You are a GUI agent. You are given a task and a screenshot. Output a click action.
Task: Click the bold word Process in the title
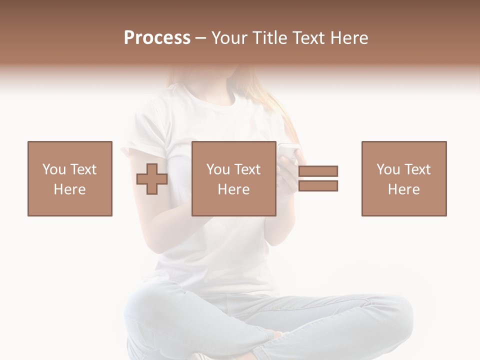pyautogui.click(x=157, y=38)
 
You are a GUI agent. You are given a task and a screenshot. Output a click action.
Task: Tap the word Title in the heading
pyautogui.click(x=270, y=38)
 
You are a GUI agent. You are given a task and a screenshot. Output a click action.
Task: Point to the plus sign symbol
pyautogui.click(x=152, y=179)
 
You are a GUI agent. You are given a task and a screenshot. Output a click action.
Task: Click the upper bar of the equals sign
pyautogui.click(x=318, y=171)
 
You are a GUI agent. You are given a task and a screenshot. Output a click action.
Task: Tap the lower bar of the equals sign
pyautogui.click(x=318, y=186)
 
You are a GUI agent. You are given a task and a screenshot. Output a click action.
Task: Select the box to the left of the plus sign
pyautogui.click(x=70, y=178)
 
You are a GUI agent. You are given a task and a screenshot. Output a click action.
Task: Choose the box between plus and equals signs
pyautogui.click(x=234, y=178)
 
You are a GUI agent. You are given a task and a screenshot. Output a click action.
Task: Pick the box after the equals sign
pyautogui.click(x=404, y=178)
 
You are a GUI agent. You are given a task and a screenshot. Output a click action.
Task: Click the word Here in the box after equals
pyautogui.click(x=404, y=189)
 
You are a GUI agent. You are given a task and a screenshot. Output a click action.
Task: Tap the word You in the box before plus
pyautogui.click(x=53, y=169)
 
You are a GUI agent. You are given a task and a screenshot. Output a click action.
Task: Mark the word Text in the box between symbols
pyautogui.click(x=247, y=169)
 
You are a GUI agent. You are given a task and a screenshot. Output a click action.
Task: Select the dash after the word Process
pyautogui.click(x=201, y=38)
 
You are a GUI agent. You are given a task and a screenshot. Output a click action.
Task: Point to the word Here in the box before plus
pyautogui.click(x=70, y=189)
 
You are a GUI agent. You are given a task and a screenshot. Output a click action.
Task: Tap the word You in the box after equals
pyautogui.click(x=387, y=169)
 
